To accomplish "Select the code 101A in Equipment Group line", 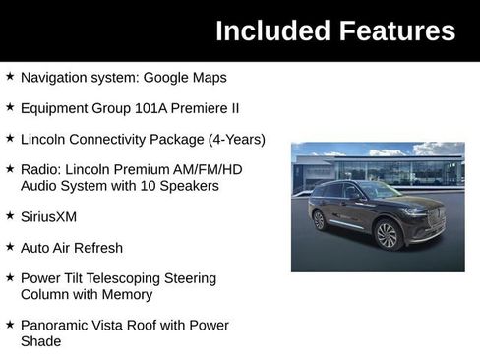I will pos(130,108).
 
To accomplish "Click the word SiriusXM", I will pos(48,216).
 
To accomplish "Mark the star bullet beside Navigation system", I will pos(10,77).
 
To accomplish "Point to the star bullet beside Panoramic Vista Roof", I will pos(10,325).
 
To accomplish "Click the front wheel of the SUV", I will pos(387,235).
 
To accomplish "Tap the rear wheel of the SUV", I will pos(319,220).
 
